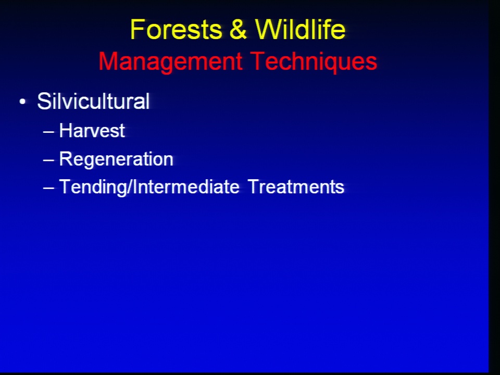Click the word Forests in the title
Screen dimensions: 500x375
pos(176,29)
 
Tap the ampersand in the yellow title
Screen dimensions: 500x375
pos(238,29)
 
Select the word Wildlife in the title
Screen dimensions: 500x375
pos(300,29)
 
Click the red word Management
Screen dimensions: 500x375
pos(170,62)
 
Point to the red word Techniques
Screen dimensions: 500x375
pos(314,61)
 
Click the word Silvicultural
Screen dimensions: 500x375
pos(93,102)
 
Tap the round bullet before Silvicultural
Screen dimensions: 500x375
pos(22,102)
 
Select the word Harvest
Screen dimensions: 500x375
pos(92,130)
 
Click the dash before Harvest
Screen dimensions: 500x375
pos(48,131)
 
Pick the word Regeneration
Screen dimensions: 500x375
pos(116,159)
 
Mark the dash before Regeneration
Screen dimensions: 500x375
pos(48,159)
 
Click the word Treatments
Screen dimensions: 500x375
pos(296,186)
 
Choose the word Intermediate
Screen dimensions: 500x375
pos(186,186)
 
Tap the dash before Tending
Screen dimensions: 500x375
pos(48,187)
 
